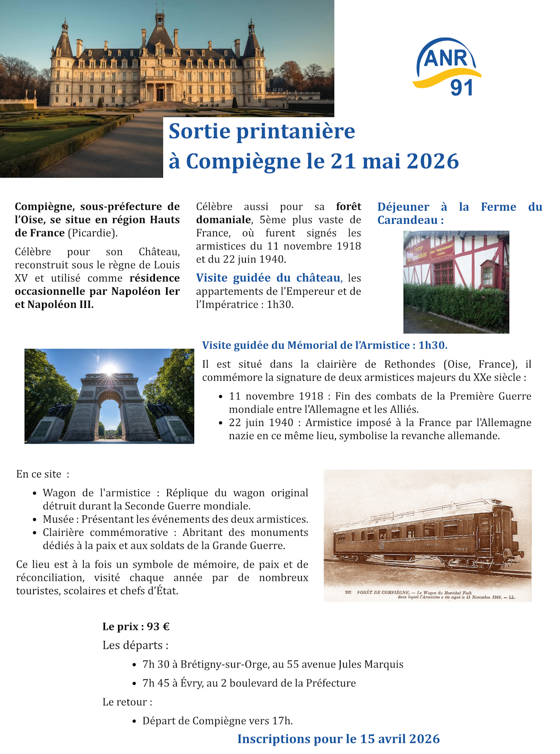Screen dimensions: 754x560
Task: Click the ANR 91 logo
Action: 447,67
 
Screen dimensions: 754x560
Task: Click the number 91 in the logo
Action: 462,87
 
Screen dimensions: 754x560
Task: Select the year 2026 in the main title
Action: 433,161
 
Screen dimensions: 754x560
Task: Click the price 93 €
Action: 158,626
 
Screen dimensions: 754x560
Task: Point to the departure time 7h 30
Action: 156,664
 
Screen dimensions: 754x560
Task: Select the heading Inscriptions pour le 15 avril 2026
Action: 338,739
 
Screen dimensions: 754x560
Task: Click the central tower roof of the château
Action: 160,33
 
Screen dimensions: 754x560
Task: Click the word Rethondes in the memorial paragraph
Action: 411,364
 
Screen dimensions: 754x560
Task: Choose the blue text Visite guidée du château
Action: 268,278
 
